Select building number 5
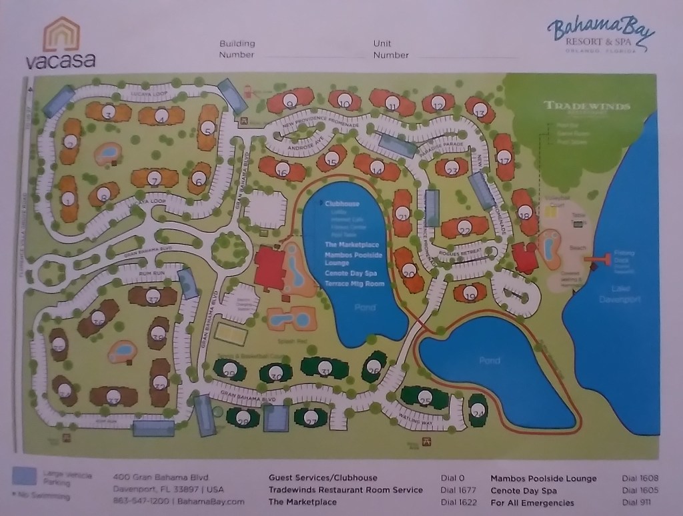209,129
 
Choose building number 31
325,369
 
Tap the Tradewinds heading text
587,105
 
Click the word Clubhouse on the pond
344,204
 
